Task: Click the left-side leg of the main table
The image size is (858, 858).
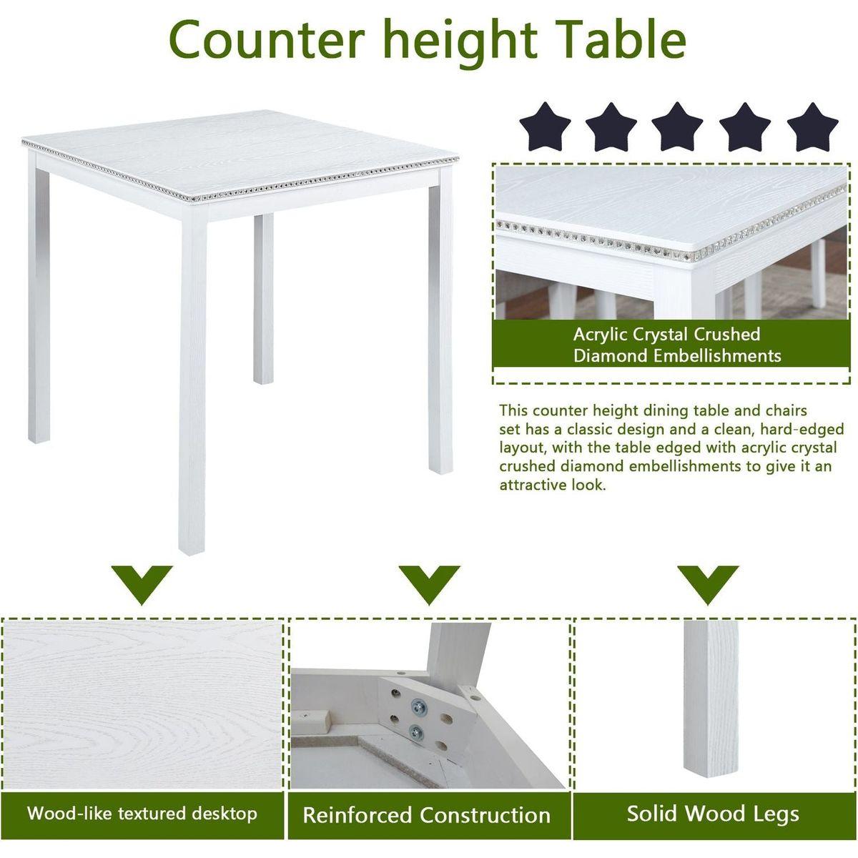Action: pyautogui.click(x=39, y=307)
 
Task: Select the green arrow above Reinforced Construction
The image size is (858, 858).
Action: pyautogui.click(x=429, y=583)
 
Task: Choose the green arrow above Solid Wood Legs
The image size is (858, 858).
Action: pyautogui.click(x=708, y=583)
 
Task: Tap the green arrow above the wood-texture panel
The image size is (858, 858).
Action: pyautogui.click(x=142, y=583)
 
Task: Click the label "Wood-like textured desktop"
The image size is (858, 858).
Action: pyautogui.click(x=142, y=813)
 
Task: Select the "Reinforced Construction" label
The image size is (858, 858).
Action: pyautogui.click(x=427, y=815)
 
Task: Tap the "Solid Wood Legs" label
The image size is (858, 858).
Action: pyautogui.click(x=713, y=813)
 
